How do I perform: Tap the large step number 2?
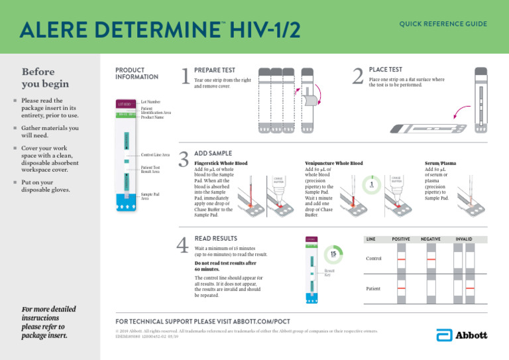click(358, 78)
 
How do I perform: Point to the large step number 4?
click(185, 246)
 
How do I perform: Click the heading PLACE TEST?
click(386, 69)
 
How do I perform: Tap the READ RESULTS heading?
click(216, 238)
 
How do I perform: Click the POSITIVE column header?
click(401, 238)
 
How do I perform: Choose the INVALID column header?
click(464, 238)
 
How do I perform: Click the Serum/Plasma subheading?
click(440, 162)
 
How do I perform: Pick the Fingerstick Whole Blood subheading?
click(221, 162)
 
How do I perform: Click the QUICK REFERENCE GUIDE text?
click(443, 24)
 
